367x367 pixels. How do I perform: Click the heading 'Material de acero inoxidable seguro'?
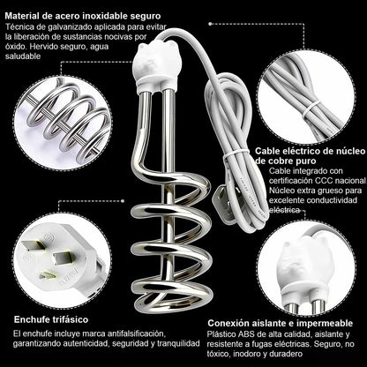(x=82, y=14)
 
